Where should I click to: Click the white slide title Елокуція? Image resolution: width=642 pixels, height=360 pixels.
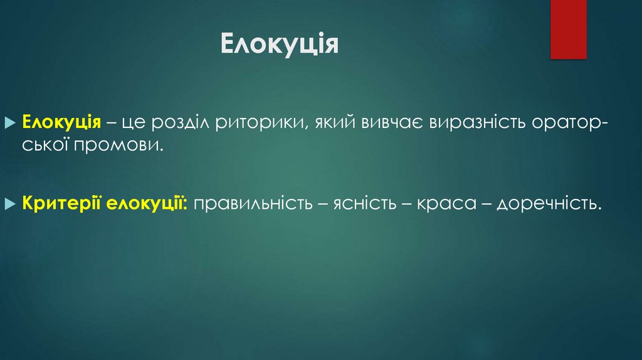click(280, 45)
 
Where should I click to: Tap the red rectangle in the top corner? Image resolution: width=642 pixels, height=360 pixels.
click(568, 29)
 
